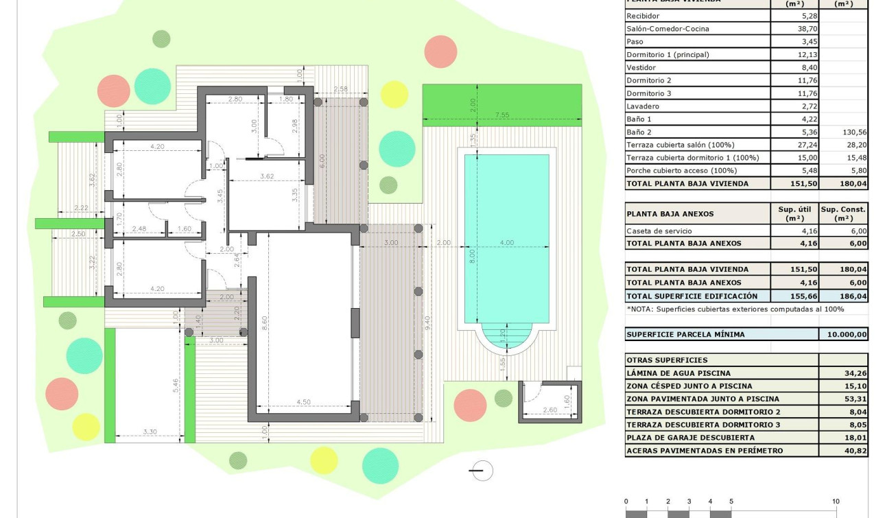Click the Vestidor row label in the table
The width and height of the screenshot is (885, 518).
point(641,67)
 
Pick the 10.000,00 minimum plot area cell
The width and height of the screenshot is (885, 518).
point(844,335)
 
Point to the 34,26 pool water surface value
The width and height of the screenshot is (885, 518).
point(855,373)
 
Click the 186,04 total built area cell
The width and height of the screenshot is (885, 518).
point(853,296)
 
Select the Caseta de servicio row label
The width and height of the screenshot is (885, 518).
point(659,231)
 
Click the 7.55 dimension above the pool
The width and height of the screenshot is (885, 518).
point(502,115)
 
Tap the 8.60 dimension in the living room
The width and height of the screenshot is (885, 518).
point(265,324)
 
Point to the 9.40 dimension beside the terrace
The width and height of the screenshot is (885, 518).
point(427,322)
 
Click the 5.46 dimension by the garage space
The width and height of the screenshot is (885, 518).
point(176,386)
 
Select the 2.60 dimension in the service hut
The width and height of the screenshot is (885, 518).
point(550,410)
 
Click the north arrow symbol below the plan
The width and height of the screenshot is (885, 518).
point(481,471)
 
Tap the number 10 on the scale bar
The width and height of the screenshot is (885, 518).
point(835,502)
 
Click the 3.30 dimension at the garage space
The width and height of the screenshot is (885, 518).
point(150,432)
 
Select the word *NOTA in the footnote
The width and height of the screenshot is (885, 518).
point(641,309)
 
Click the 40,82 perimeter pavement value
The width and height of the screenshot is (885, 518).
point(855,451)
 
